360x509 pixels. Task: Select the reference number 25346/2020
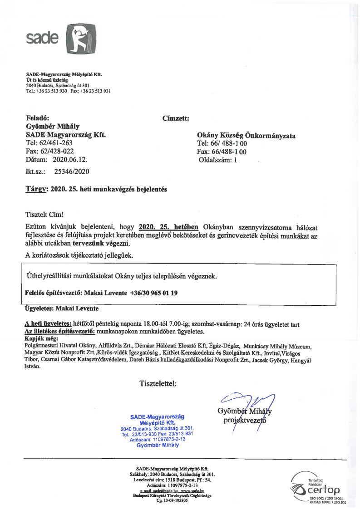(x=72, y=171)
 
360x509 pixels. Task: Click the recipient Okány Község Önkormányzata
(x=246, y=135)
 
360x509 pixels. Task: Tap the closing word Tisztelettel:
(x=158, y=384)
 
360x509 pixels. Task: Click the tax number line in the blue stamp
(x=158, y=439)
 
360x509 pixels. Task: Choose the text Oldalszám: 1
(x=218, y=160)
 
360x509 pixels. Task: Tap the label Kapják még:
(x=40, y=338)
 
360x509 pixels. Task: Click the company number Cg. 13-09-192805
(x=172, y=501)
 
